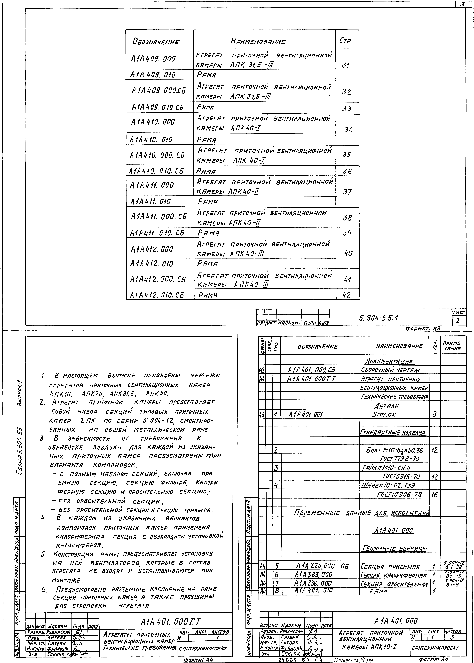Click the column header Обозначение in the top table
[156, 41]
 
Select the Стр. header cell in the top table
[346, 41]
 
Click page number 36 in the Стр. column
[347, 171]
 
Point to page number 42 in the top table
[347, 295]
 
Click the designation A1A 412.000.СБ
[158, 279]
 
